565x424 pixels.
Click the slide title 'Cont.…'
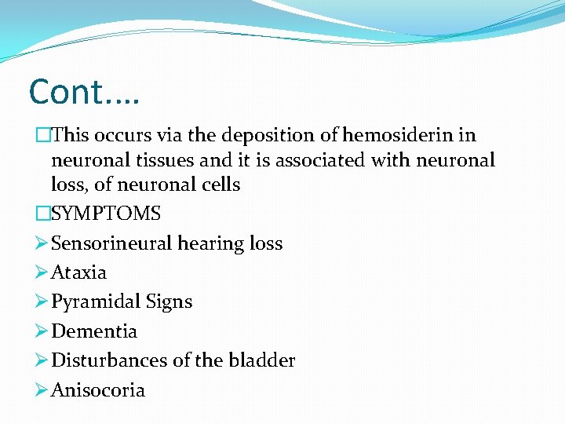click(83, 92)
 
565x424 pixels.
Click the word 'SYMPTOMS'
click(105, 214)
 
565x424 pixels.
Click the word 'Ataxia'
click(78, 272)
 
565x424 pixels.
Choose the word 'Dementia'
click(93, 331)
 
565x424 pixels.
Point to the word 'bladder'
click(262, 360)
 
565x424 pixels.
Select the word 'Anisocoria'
click(97, 390)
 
